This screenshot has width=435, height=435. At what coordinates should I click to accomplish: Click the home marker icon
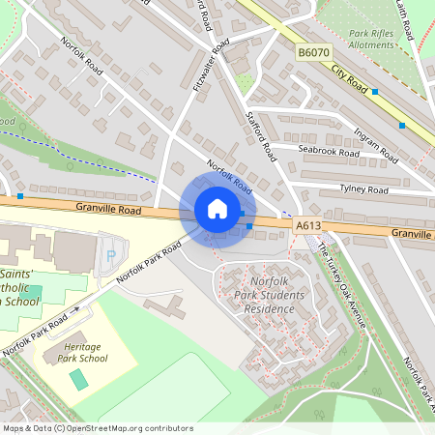(217, 209)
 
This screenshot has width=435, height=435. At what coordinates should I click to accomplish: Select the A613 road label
(308, 225)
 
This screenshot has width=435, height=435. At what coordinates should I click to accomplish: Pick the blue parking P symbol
(112, 254)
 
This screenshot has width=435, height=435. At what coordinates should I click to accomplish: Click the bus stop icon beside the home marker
(249, 226)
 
